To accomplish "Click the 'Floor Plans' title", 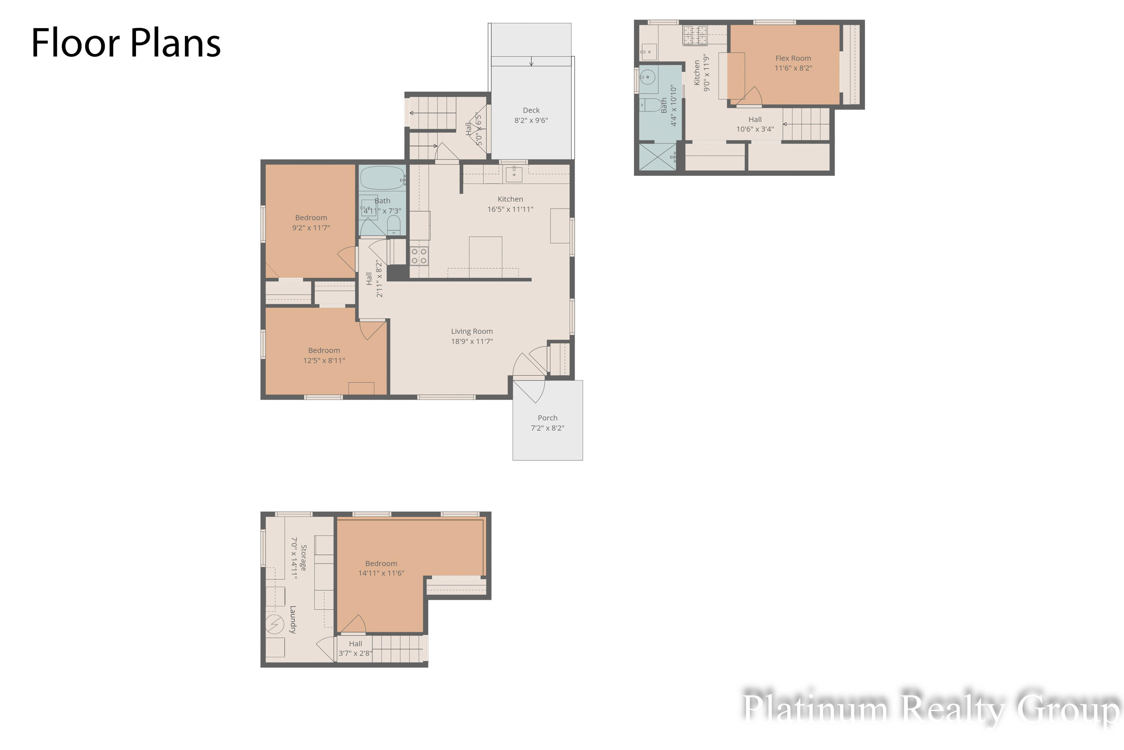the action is (126, 43).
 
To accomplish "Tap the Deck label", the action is (531, 110).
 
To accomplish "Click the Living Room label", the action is (472, 331).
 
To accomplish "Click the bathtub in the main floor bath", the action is (382, 178).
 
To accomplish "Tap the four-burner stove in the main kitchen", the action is (419, 256).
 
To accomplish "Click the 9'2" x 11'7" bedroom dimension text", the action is (311, 228).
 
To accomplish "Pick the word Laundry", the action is (293, 619).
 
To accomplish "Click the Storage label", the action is (303, 558).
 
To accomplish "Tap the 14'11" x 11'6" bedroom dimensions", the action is (381, 573).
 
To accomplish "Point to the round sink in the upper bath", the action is (647, 76).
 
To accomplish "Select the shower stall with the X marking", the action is (658, 156).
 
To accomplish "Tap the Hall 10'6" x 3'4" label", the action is (755, 124).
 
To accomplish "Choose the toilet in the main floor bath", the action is (393, 225).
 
